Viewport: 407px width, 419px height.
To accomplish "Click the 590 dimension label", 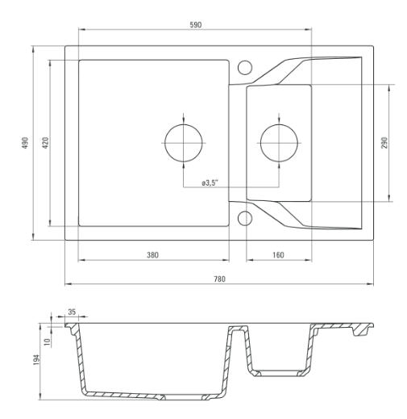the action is click(196, 25).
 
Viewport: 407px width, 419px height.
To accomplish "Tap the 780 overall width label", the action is click(219, 279).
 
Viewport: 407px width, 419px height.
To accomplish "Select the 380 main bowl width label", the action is click(152, 255).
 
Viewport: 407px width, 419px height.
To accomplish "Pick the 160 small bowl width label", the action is click(278, 255).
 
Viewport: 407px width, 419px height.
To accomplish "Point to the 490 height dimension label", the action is click(25, 143).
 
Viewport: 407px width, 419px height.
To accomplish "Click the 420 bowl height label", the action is click(46, 143).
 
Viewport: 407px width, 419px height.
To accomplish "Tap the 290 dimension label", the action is click(384, 143).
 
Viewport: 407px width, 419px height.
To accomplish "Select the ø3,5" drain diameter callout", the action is click(210, 183).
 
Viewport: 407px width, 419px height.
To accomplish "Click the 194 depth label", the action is click(36, 360).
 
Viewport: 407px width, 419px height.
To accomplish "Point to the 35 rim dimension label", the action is click(72, 312).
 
